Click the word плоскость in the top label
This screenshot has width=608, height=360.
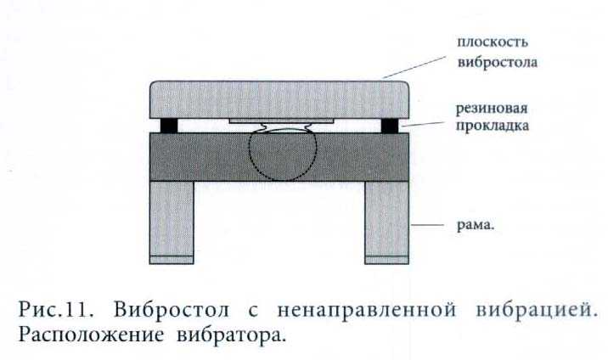pos(493,42)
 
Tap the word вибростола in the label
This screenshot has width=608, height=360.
pos(498,62)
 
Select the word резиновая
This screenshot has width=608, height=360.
pos(492,109)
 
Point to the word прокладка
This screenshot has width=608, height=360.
pos(492,126)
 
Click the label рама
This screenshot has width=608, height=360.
pos(476,225)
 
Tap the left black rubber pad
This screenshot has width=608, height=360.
pos(169,126)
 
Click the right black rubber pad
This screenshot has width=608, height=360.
pos(390,126)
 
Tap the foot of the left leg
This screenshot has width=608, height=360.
pos(172,260)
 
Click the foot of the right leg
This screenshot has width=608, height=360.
pos(386,260)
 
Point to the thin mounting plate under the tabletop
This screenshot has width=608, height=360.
pos(281,121)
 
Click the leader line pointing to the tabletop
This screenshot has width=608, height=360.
pos(414,67)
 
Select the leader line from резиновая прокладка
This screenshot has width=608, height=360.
pos(423,124)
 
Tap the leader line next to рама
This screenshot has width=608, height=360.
pos(428,225)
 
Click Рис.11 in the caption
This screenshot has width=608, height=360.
pos(56,310)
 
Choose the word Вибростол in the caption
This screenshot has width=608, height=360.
pos(172,310)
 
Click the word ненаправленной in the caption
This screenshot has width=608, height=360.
pos(367,311)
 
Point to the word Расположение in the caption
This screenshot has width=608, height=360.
pos(91,335)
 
